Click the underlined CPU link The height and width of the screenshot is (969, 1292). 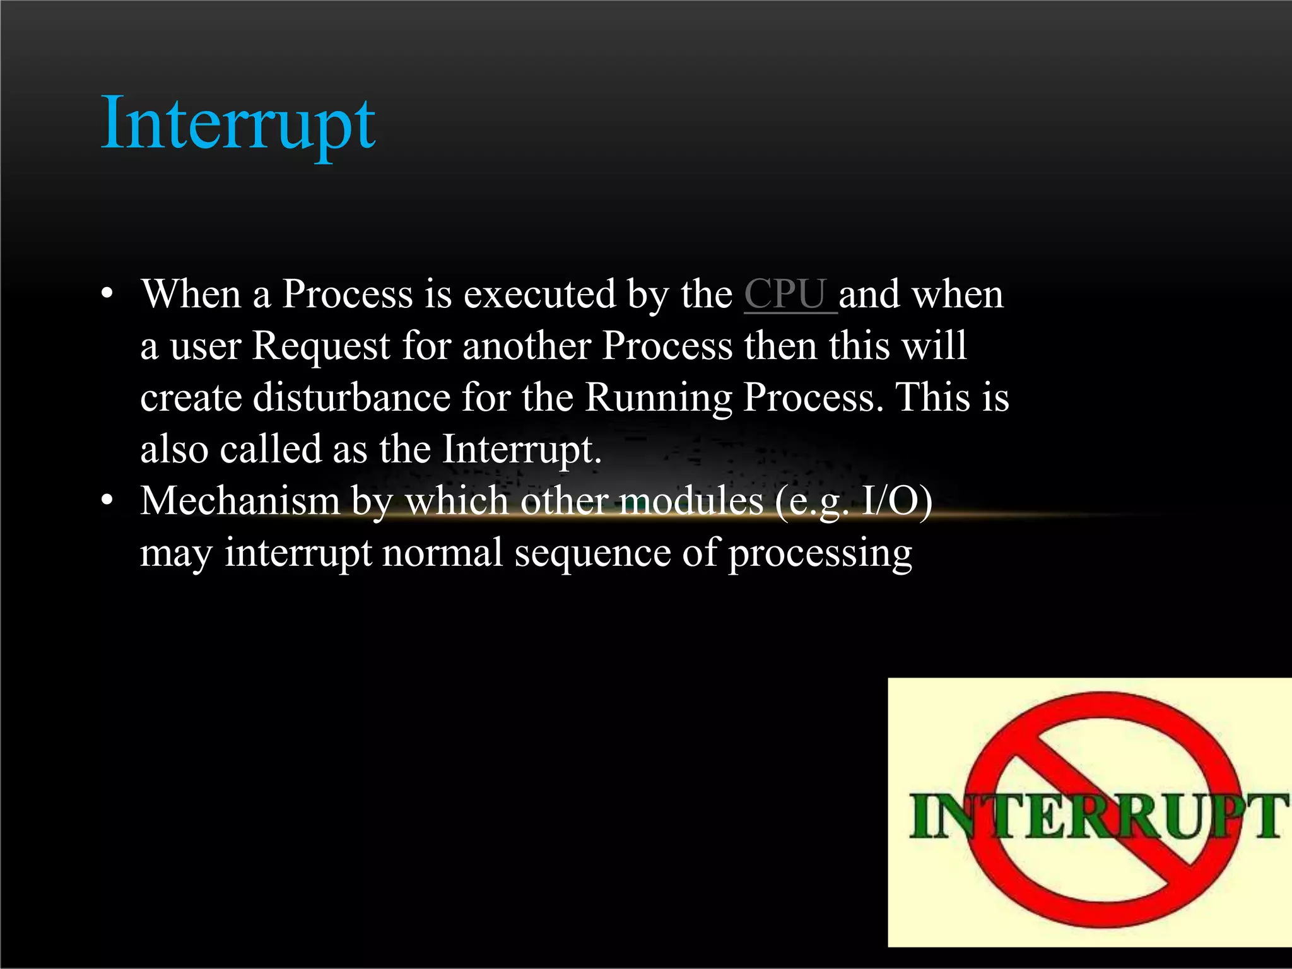786,294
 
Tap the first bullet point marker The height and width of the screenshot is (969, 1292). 108,294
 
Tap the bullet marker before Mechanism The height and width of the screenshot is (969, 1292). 108,501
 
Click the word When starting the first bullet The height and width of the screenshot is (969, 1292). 191,294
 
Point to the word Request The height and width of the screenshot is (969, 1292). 321,346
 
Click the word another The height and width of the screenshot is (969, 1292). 526,346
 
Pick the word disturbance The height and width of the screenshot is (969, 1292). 351,397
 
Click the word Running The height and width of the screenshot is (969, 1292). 658,397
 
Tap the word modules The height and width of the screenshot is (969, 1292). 691,501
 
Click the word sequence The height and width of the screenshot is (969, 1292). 592,553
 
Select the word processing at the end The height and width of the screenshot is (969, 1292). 820,554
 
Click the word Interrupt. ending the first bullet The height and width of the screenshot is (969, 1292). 522,449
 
